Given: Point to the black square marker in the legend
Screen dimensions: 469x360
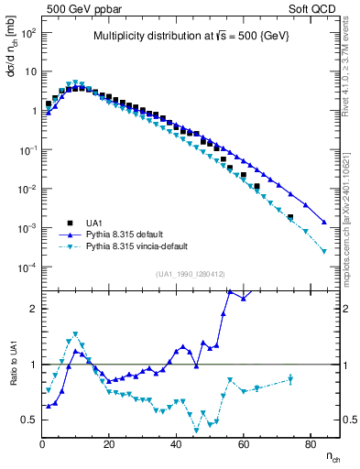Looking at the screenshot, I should coord(69,222).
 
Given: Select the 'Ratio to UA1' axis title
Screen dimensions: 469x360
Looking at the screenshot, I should coord(15,379).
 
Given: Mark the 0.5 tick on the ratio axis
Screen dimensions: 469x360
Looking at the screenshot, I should coord(28,420).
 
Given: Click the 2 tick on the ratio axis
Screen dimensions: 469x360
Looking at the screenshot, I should coord(32,309).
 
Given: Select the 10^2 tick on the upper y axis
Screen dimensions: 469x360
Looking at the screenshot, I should coord(26,32).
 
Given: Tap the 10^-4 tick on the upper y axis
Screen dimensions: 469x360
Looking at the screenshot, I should coord(26,267).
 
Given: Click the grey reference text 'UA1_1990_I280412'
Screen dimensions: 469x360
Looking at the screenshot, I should coord(190,274).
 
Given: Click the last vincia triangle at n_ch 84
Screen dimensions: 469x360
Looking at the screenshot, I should coord(324,252).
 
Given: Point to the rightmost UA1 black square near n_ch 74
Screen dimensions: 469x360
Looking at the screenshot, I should coord(290,217).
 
